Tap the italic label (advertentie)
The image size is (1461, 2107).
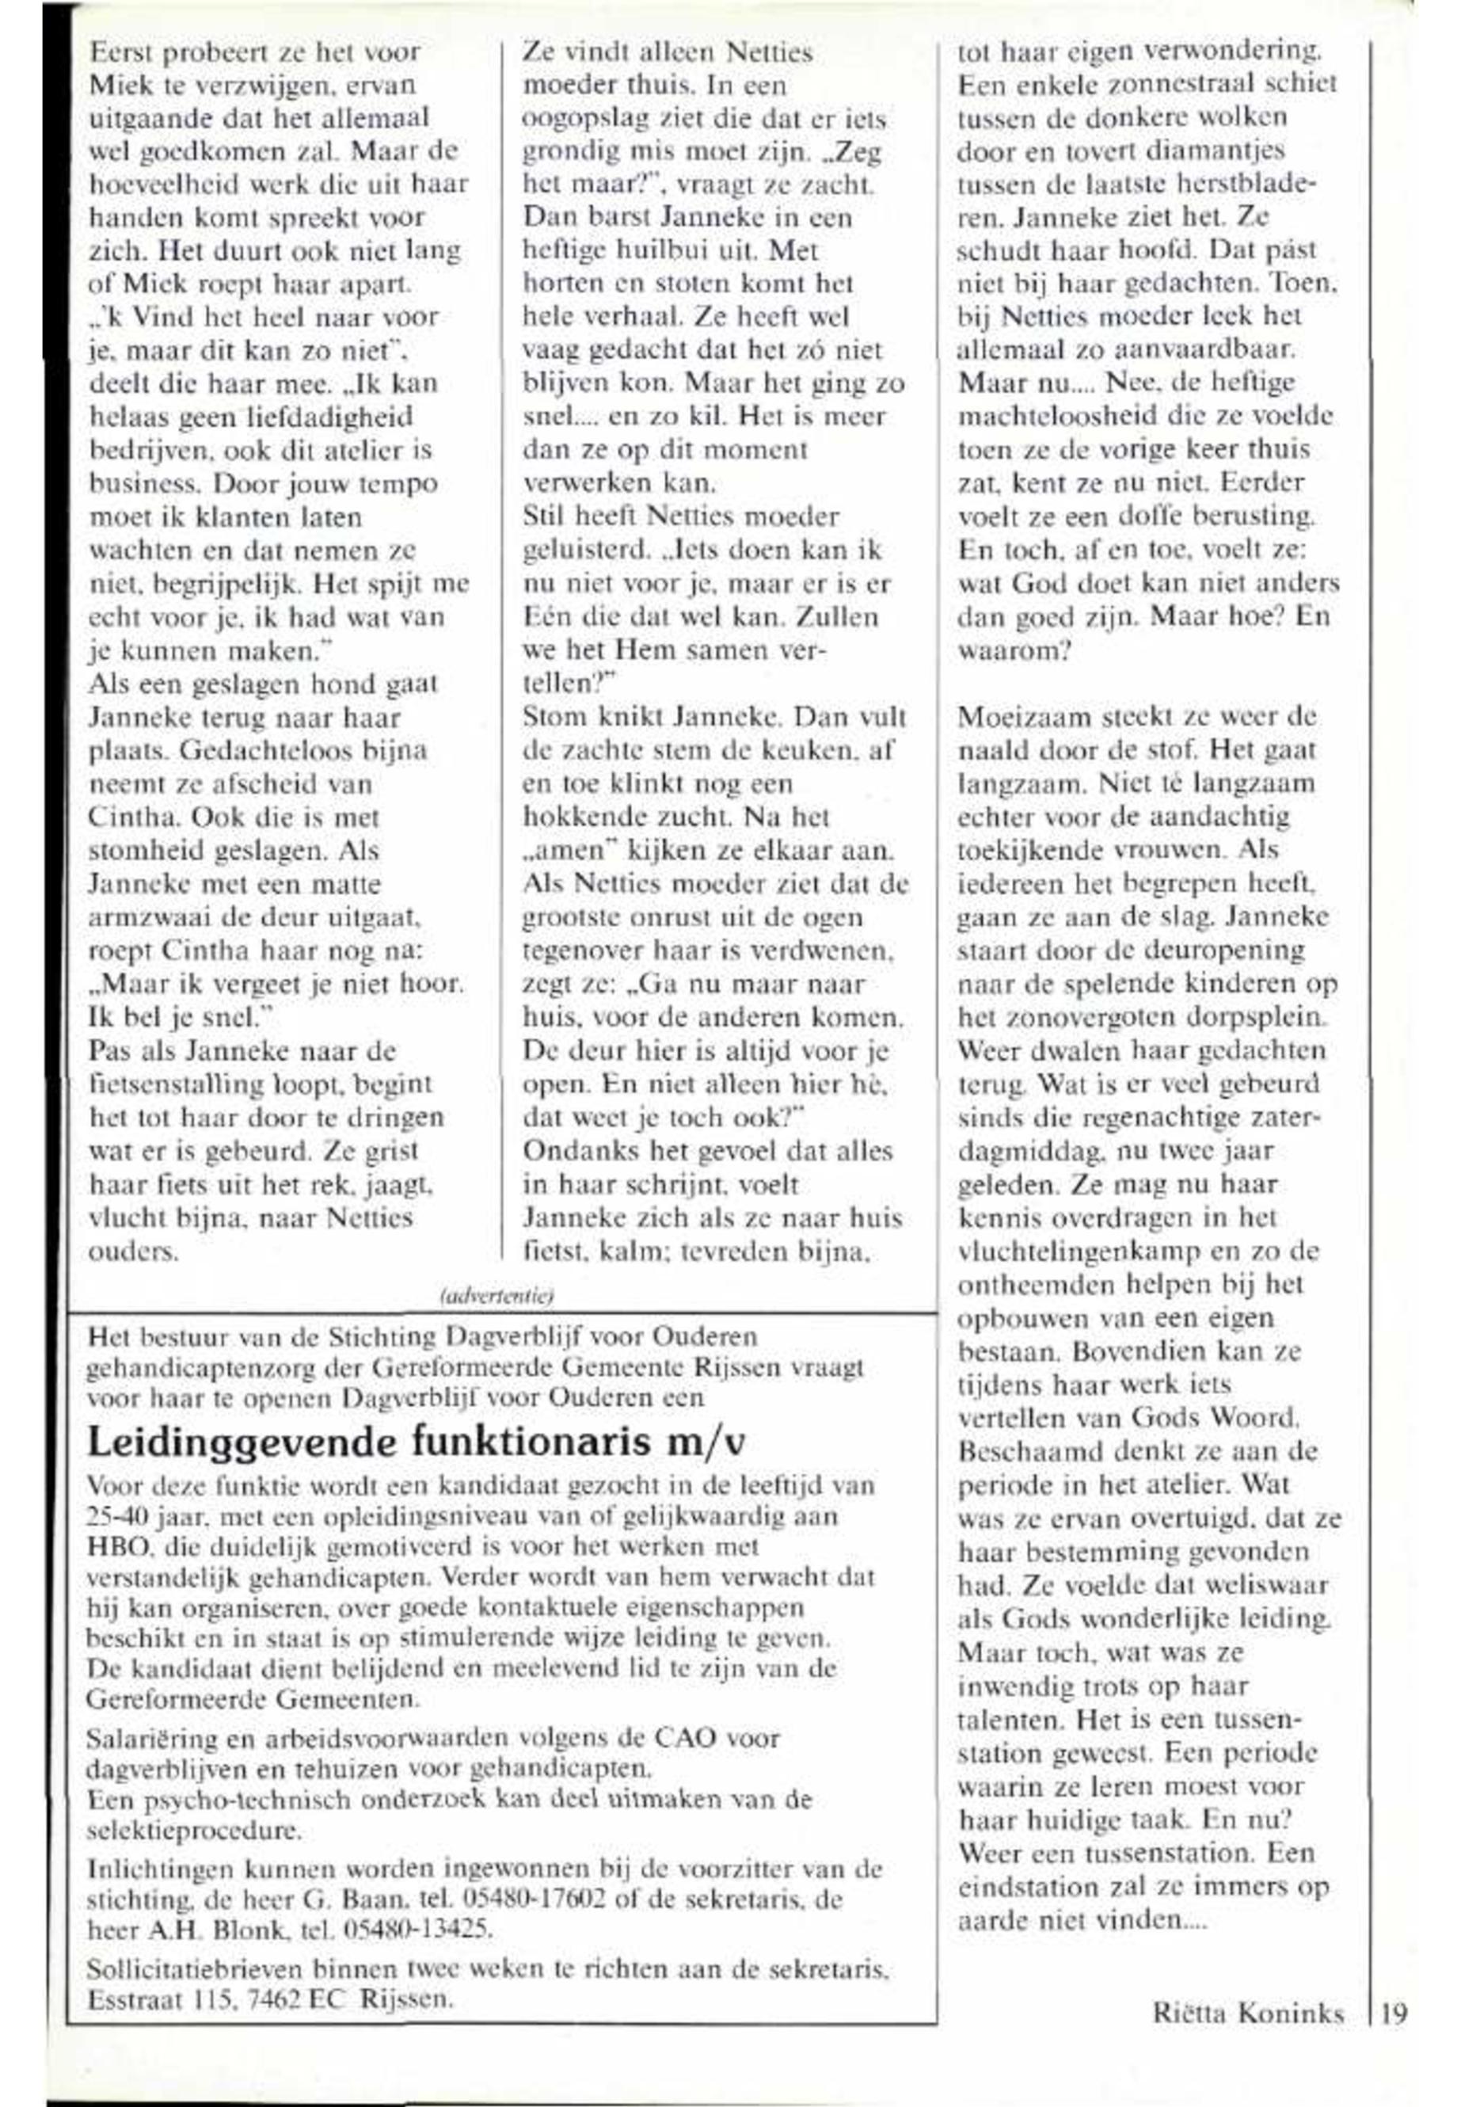coord(498,1295)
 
